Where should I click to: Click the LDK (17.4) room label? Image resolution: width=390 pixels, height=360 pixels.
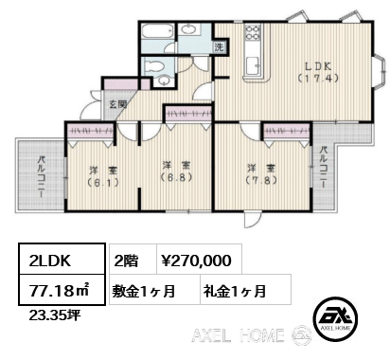[x=318, y=72]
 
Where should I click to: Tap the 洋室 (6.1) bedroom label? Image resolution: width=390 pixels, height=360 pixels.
[x=103, y=176]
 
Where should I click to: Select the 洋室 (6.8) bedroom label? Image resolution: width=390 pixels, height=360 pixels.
[x=176, y=171]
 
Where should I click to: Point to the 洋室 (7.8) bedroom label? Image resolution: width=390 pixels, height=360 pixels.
[x=261, y=174]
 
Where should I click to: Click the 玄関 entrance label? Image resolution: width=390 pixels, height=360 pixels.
[x=117, y=104]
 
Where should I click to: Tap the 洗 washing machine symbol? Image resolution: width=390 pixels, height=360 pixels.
[x=220, y=47]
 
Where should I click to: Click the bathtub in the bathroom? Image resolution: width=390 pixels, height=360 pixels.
[x=157, y=31]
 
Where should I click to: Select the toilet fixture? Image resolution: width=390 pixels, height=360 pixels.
[x=153, y=66]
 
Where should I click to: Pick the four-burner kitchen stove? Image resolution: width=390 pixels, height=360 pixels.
[x=253, y=32]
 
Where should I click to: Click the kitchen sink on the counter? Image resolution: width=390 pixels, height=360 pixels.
[x=253, y=65]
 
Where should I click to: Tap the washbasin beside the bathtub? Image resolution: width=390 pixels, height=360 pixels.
[x=189, y=29]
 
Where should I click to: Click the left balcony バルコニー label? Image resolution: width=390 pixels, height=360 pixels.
[x=42, y=176]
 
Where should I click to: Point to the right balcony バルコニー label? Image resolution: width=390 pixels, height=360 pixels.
[x=323, y=168]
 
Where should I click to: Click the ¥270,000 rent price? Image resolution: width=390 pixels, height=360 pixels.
[x=196, y=261]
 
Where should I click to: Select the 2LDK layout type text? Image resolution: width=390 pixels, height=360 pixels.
[x=50, y=261]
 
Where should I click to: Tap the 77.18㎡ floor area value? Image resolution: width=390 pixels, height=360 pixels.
[x=60, y=291]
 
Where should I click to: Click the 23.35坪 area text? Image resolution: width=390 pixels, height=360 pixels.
[x=55, y=315]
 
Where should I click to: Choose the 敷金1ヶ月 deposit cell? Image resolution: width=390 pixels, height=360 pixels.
[x=144, y=291]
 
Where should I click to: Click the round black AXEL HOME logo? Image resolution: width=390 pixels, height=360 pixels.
[x=335, y=319]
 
